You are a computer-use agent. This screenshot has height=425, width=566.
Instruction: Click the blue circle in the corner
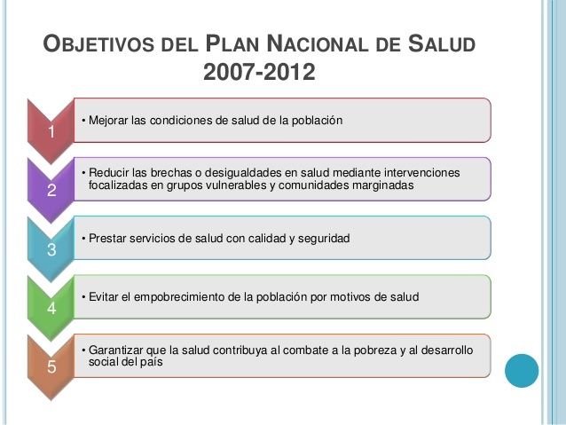(522, 370)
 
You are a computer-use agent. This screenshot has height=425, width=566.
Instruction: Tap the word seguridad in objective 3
(324, 239)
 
